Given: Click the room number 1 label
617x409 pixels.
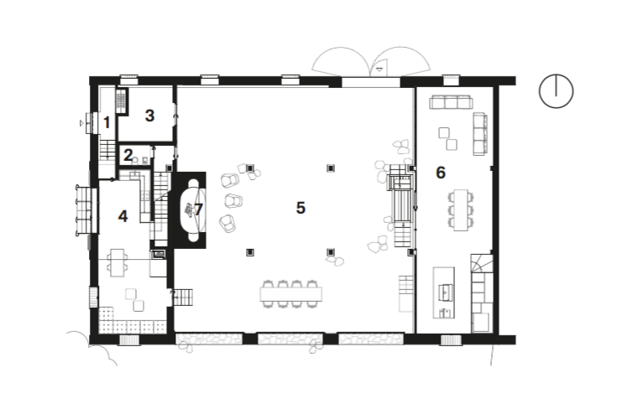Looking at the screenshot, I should click(107, 122).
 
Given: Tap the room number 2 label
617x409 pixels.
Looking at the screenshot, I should click(128, 154).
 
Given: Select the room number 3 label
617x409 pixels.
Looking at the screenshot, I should click(149, 116).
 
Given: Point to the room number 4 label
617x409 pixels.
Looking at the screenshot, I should click(123, 216).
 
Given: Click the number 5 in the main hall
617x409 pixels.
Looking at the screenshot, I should click(300, 208).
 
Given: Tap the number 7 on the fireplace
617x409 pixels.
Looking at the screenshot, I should click(198, 209).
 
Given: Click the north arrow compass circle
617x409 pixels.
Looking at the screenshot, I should click(555, 91).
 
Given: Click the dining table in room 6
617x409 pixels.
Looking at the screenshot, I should click(460, 210).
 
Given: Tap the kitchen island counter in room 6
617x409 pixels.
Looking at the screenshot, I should click(445, 292).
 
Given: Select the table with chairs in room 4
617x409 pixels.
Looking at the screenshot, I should click(118, 263).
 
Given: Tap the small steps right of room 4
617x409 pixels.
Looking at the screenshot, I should click(183, 296).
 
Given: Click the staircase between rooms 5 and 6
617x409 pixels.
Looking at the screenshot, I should click(401, 205).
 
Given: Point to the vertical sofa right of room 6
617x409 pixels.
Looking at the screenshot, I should click(481, 133).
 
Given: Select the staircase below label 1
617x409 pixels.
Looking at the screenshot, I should click(107, 151).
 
